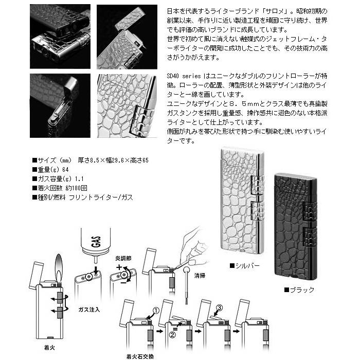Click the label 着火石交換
click(x=139, y=355)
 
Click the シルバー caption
click(x=245, y=266)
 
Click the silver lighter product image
click(x=240, y=203)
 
